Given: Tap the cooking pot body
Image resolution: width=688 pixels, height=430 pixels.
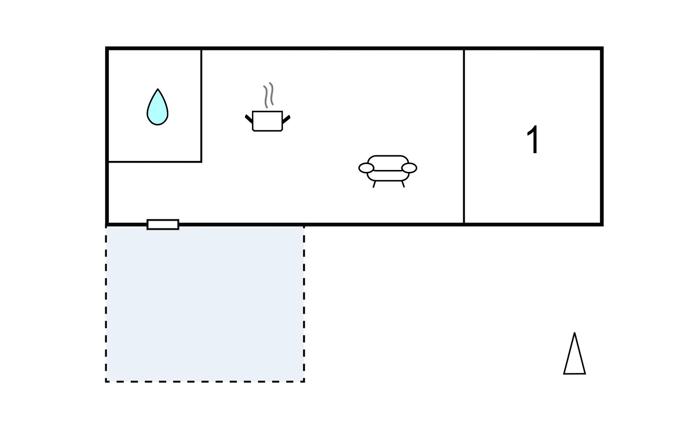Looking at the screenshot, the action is coord(267,121).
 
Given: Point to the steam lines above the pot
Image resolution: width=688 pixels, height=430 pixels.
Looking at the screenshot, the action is coord(268,95).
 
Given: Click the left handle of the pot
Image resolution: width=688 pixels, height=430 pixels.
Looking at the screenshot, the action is coord(249,119).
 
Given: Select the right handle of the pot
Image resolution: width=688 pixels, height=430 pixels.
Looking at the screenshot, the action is coord(286,119).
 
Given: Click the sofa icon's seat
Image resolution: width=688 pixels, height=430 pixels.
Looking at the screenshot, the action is coord(388,175).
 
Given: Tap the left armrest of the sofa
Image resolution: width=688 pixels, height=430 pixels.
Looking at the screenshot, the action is coord(366,168).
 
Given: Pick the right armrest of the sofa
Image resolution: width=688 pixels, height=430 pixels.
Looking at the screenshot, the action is coord(409,168).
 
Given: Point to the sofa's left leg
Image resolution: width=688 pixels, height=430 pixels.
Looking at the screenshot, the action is coord(374,184).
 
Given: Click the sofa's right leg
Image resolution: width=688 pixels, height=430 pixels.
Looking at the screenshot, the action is coord(403,184).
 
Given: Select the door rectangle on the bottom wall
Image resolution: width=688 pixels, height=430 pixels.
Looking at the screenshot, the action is coord(163,225).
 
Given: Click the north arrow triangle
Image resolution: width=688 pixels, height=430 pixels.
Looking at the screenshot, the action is coord(574,353).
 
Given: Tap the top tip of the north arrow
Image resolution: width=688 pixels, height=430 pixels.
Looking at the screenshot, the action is coord(574,333).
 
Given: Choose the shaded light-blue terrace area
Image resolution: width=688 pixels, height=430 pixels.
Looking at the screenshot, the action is coord(205,304).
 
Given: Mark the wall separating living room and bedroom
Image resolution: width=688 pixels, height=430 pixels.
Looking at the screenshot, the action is coord(464,136).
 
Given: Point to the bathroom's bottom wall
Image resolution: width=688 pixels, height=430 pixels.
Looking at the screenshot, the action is coord(155,162).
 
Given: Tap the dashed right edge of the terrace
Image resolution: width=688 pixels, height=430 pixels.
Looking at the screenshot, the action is coord(304,304).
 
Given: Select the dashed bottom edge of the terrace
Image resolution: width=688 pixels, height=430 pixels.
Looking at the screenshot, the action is coord(205,382).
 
